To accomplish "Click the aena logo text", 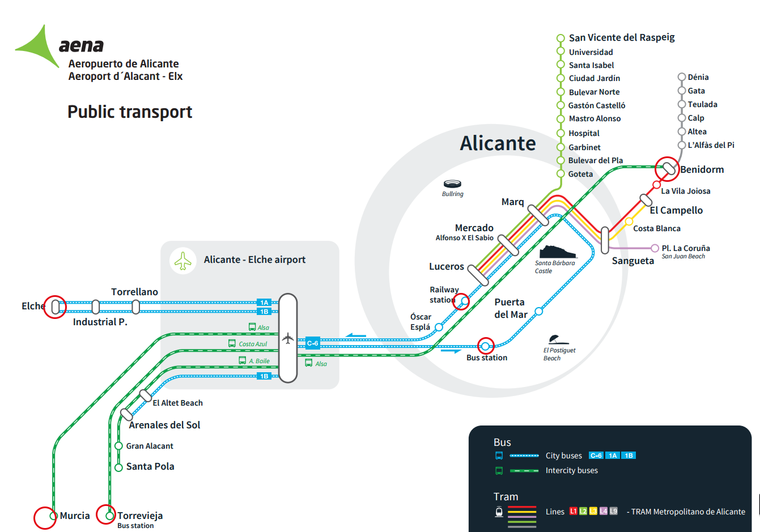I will point(81,45).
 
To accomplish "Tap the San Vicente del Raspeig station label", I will point(622,37).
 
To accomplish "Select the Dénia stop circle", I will point(682,77).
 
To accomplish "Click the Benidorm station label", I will point(702,169).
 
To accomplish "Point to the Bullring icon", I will point(452,184).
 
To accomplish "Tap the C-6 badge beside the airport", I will point(313,343).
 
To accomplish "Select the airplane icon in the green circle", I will point(183,261).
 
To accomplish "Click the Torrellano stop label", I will point(134,292).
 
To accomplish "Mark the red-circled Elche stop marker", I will point(56,307).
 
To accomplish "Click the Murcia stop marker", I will point(53,516).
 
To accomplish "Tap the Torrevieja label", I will point(140,516).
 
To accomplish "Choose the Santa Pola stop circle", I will point(118,467).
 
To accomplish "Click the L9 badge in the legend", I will point(613,511).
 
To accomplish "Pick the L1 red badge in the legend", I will point(573,511).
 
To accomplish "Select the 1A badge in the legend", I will point(613,456).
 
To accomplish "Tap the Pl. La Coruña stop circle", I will point(655,248).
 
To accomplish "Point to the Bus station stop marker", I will point(486,346).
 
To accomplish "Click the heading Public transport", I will point(130,112).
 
